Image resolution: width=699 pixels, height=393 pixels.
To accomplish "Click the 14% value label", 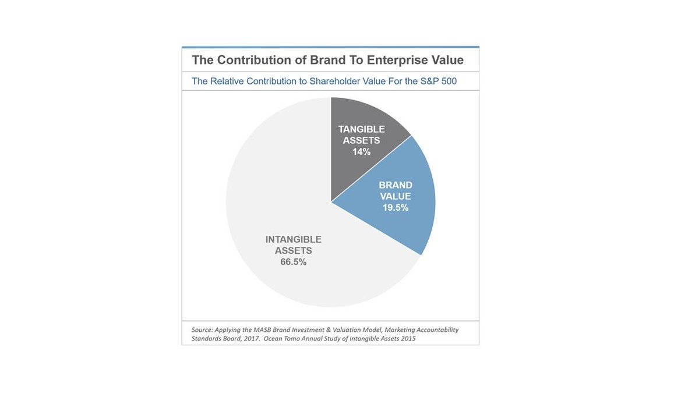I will click(x=361, y=152).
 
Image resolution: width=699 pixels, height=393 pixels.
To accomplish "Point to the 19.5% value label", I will click(x=395, y=208).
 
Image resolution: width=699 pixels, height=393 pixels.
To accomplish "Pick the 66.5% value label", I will click(x=294, y=262).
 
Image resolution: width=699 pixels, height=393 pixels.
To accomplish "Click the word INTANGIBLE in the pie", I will click(x=294, y=239).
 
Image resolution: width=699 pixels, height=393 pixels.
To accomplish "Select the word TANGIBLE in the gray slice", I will click(x=361, y=129).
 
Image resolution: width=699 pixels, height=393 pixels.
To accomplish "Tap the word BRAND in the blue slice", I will click(x=395, y=185).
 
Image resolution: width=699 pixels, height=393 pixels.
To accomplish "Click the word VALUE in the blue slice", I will click(x=395, y=196).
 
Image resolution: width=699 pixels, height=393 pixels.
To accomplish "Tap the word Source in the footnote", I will click(x=202, y=330).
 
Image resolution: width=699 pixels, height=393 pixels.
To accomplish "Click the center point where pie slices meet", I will click(x=331, y=202).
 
